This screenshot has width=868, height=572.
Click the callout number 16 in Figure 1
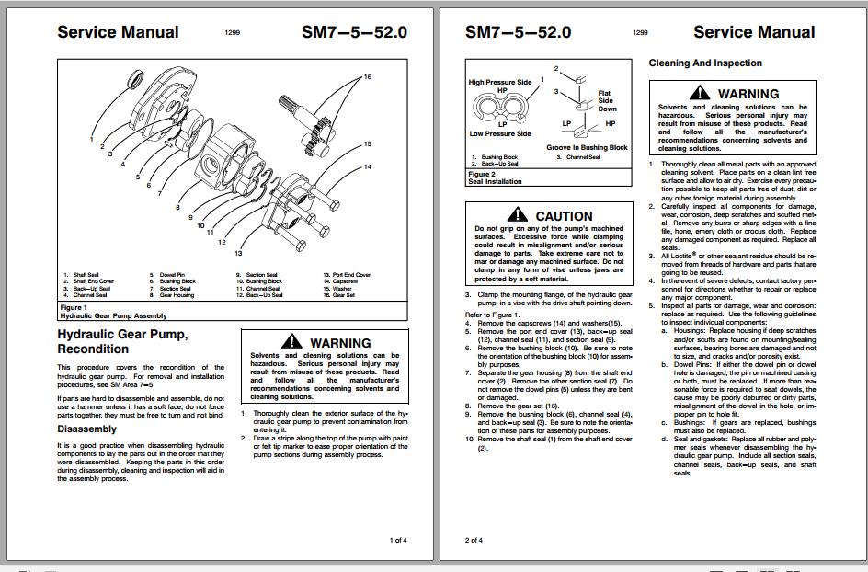(x=367, y=77)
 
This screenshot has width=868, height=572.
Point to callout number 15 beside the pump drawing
(x=367, y=144)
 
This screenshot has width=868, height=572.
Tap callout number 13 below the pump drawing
(x=238, y=253)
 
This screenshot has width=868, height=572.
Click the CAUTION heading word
(x=564, y=216)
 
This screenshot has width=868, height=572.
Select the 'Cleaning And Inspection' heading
(x=705, y=63)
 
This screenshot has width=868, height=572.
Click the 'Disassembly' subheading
(x=87, y=429)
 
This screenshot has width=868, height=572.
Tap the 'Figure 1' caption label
(x=74, y=307)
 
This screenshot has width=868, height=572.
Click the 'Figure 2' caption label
(x=482, y=174)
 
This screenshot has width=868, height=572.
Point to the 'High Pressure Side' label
(x=500, y=83)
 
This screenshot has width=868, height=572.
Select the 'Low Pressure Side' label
(x=500, y=134)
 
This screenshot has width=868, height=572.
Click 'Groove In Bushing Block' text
(x=587, y=147)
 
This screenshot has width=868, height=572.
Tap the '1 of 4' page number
(x=398, y=540)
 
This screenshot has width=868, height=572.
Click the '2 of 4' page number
(x=474, y=540)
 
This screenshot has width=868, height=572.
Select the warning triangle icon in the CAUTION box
(x=520, y=216)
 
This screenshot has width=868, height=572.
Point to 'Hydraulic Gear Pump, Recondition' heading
(x=122, y=341)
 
